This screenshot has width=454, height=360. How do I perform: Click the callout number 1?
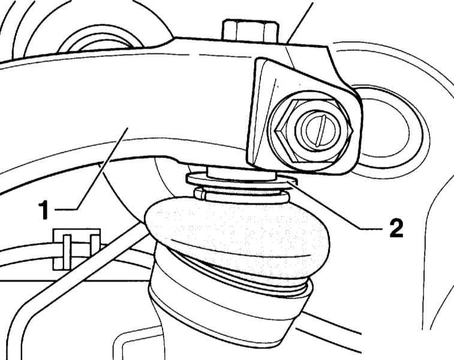point(44,209)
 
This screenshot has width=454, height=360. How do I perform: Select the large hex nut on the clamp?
point(314,131)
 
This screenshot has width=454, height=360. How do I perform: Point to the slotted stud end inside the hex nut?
point(318,130)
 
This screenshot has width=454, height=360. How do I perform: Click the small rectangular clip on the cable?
point(76,249)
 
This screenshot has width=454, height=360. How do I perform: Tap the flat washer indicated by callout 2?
point(242,180)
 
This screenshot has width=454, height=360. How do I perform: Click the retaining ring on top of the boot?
point(242,194)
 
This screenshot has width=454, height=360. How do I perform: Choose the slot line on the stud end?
point(321,130)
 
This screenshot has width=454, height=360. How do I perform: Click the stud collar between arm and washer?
point(241,173)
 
